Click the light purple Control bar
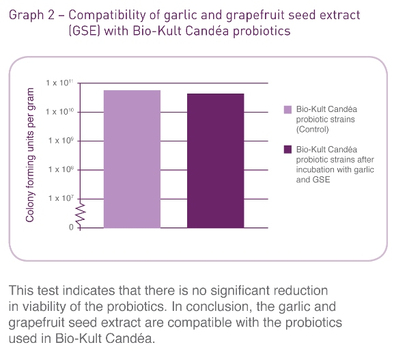132,159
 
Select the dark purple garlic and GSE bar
215,161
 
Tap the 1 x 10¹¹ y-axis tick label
59,83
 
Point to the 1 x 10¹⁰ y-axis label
59,111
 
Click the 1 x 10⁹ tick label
61,141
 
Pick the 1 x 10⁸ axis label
61,169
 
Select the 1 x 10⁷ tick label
61,198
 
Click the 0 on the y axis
71,227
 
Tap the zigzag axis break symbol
81,213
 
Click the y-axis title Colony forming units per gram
30,155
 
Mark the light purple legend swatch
287,109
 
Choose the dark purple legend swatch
287,150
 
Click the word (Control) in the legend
313,129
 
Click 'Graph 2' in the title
31,15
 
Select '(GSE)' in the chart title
85,31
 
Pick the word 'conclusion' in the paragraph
219,307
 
